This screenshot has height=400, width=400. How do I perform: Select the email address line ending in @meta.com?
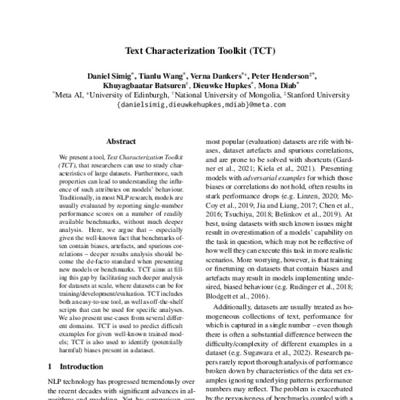point(201,105)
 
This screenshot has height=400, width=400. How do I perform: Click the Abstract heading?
point(121,141)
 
